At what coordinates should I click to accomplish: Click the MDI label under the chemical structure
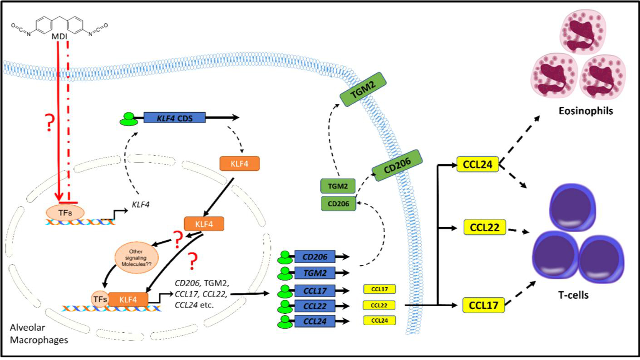click(59, 36)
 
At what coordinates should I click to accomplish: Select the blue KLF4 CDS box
click(174, 118)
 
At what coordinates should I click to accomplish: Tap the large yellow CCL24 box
click(477, 164)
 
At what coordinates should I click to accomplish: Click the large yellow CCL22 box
click(484, 227)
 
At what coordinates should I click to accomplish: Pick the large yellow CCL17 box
click(483, 305)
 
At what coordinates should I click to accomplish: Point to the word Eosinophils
click(586, 111)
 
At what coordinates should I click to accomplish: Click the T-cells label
click(573, 295)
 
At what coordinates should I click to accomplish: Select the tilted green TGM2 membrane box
click(363, 90)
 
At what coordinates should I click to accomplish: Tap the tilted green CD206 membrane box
click(397, 165)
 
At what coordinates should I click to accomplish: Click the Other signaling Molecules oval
click(136, 258)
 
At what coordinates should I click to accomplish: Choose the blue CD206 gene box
click(315, 257)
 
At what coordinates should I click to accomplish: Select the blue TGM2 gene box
click(315, 273)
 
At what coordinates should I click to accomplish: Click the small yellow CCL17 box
click(379, 289)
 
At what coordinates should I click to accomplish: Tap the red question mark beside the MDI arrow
click(49, 122)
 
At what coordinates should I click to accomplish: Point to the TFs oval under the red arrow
click(65, 213)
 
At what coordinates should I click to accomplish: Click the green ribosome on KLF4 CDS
click(129, 119)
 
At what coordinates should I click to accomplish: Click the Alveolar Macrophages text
click(39, 334)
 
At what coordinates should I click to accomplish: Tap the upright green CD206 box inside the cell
click(338, 204)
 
